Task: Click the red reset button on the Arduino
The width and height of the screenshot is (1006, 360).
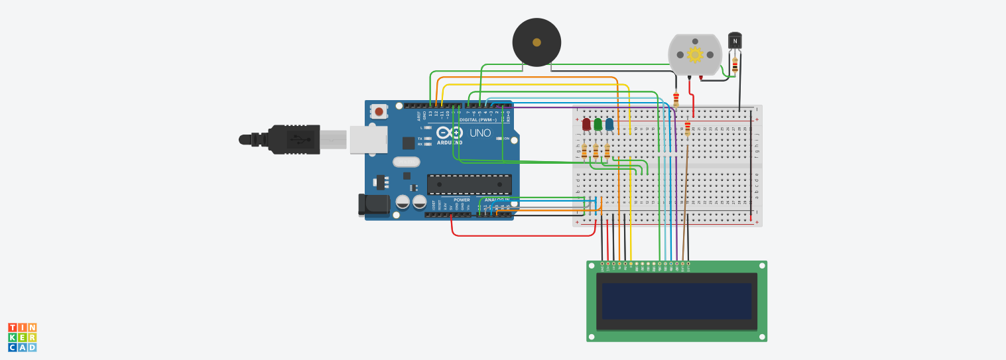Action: point(379,111)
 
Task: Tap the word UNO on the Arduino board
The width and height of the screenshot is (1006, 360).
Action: point(480,133)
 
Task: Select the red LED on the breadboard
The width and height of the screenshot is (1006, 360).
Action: point(586,124)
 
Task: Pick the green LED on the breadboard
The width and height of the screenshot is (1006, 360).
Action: point(597,124)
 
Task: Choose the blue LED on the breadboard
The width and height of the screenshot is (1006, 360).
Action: point(609,124)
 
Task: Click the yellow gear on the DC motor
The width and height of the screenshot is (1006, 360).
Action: point(694,54)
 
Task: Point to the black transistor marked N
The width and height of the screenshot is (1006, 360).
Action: point(735,40)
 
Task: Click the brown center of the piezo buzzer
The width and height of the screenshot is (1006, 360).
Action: point(536,42)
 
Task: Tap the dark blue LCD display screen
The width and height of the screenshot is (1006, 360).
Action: point(676,301)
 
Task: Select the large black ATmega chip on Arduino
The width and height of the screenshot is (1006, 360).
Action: point(469,184)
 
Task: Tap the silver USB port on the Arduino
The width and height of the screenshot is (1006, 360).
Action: point(368,140)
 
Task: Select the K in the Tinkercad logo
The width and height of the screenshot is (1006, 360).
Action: point(13,337)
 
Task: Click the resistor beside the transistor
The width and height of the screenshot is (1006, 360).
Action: point(735,66)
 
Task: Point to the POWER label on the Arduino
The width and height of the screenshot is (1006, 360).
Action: point(462,200)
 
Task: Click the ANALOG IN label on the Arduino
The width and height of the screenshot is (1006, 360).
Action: point(497,200)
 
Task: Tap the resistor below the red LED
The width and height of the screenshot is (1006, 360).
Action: point(584,152)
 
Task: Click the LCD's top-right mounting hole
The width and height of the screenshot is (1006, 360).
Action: point(762,266)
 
